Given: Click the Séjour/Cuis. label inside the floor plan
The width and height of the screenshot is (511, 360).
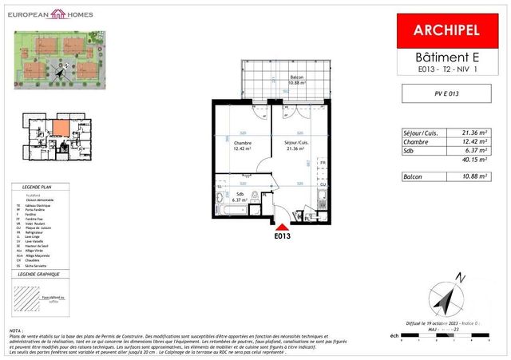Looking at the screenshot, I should pyautogui.click(x=296, y=143).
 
